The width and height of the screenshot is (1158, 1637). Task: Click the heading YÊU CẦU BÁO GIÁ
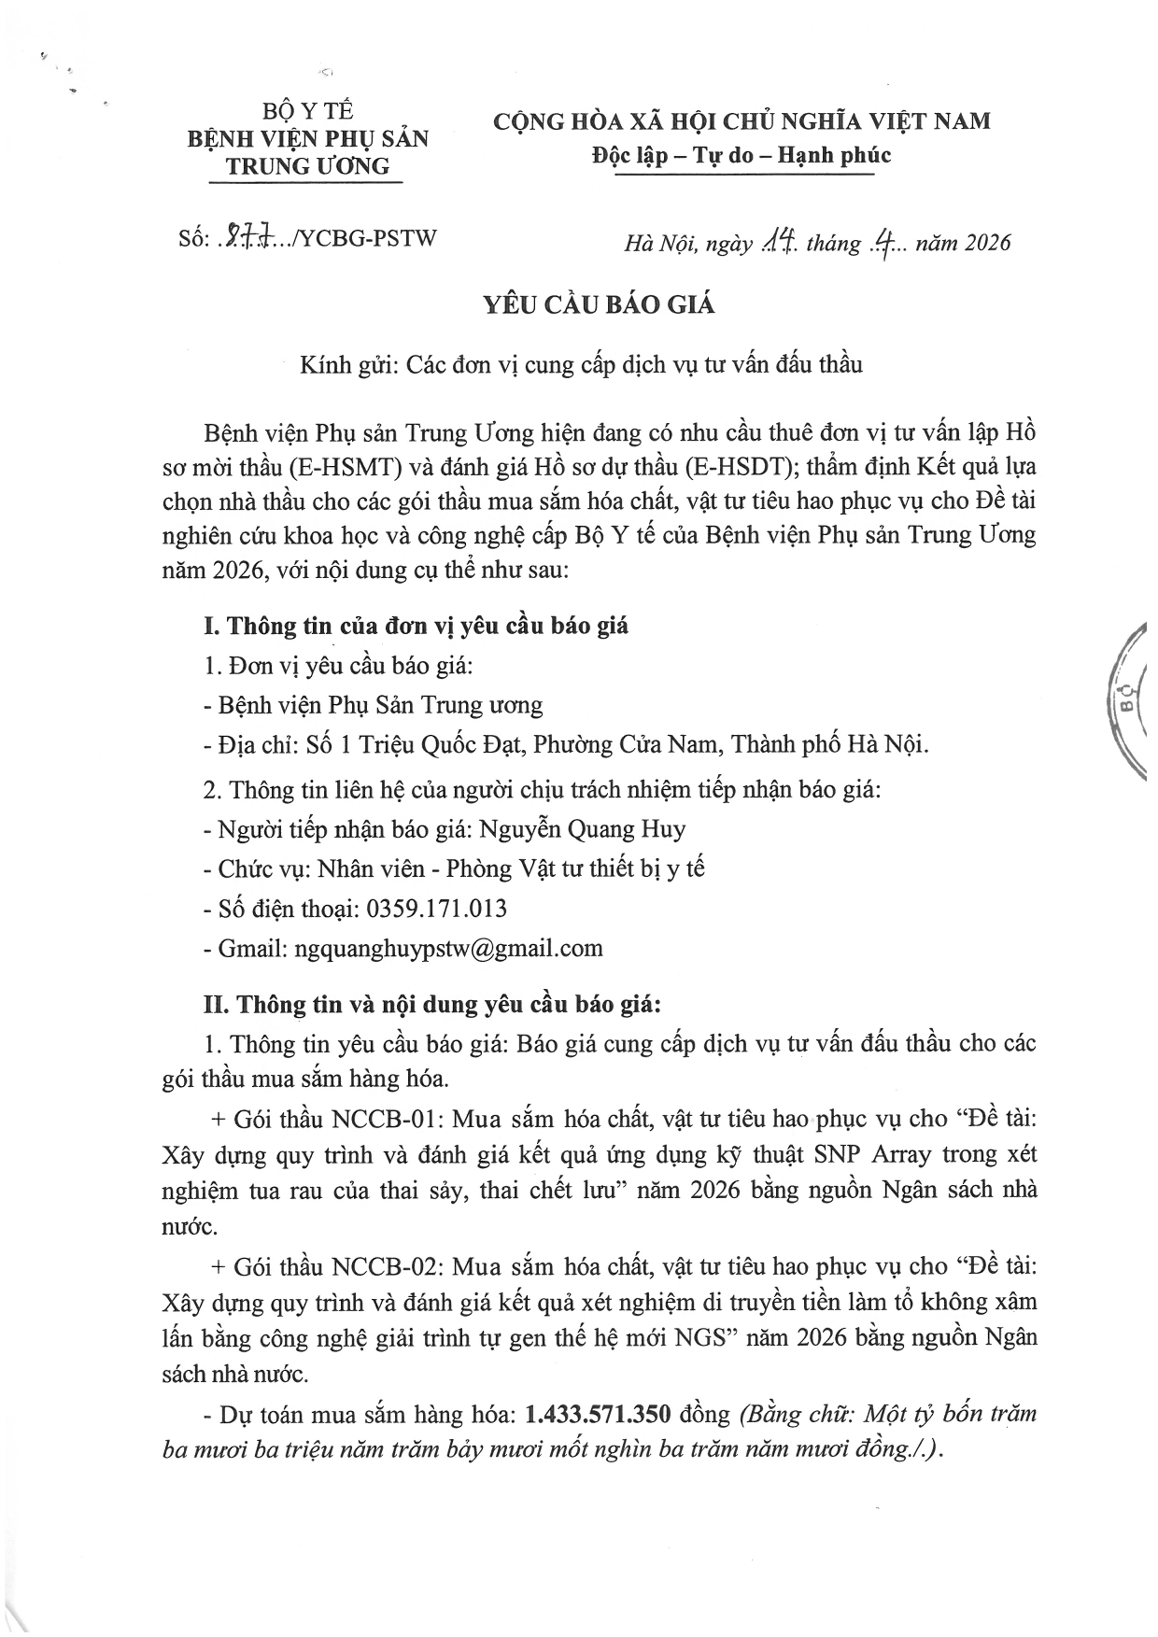point(599,305)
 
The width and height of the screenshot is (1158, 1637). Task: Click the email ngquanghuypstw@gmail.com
point(447,948)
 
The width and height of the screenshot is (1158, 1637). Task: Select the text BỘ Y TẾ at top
point(308,111)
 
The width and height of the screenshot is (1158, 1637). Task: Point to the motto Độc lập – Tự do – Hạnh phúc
point(741,155)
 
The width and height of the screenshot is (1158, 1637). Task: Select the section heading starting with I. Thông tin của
point(416,625)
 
